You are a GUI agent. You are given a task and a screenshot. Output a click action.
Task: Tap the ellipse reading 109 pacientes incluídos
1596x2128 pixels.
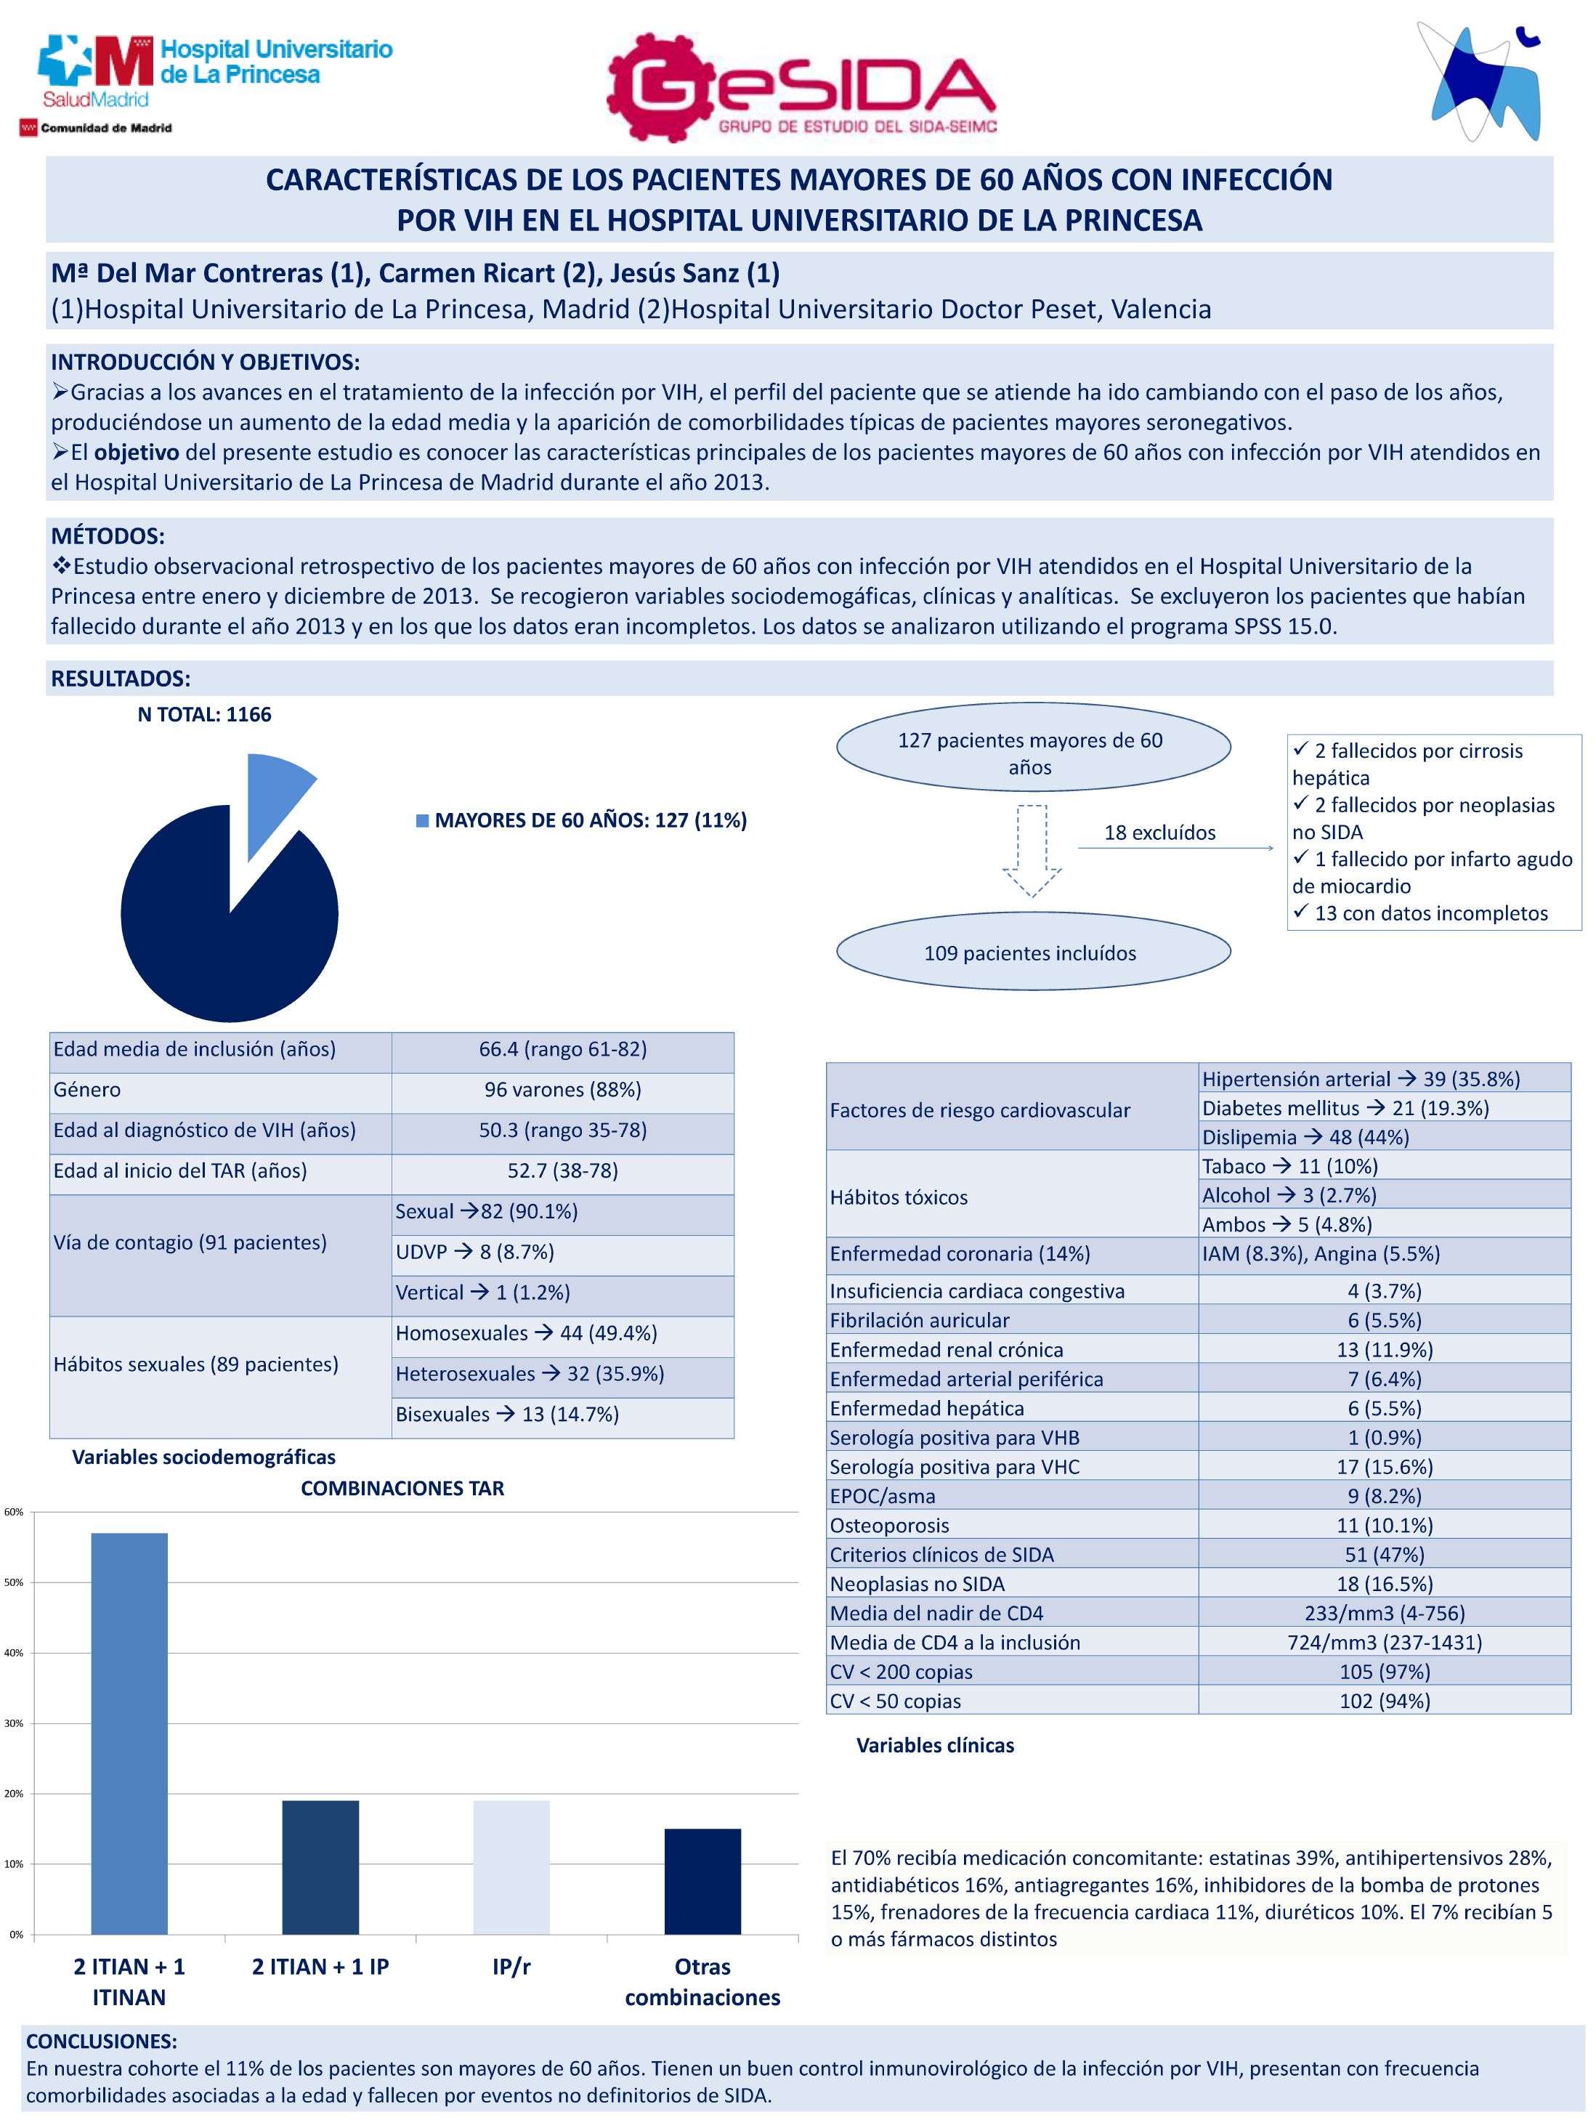point(1032,952)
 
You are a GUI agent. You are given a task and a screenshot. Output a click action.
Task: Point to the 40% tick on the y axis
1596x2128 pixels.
point(14,1652)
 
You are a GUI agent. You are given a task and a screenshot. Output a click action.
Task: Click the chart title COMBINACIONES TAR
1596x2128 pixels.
point(402,1488)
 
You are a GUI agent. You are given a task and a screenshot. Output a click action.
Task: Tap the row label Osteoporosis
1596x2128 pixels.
point(889,1526)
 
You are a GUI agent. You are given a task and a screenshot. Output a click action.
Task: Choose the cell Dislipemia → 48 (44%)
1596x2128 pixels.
point(1305,1137)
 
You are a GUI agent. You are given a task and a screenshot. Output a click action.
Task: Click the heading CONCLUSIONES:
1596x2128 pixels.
point(101,2042)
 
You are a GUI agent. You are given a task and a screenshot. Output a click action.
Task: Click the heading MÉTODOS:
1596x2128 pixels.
point(108,536)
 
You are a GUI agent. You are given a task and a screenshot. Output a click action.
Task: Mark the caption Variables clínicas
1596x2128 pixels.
point(934,1745)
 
